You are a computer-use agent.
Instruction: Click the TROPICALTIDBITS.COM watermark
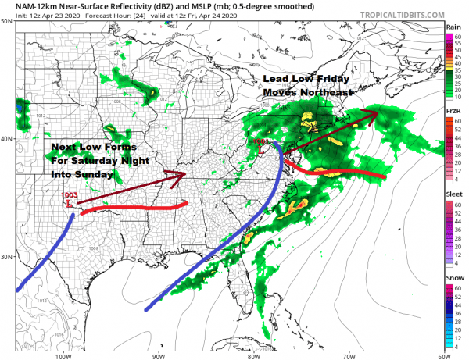click(x=399, y=14)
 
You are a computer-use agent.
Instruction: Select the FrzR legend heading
click(x=453, y=112)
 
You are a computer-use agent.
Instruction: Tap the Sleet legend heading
click(x=453, y=194)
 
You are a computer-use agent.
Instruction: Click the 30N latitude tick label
click(x=7, y=257)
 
